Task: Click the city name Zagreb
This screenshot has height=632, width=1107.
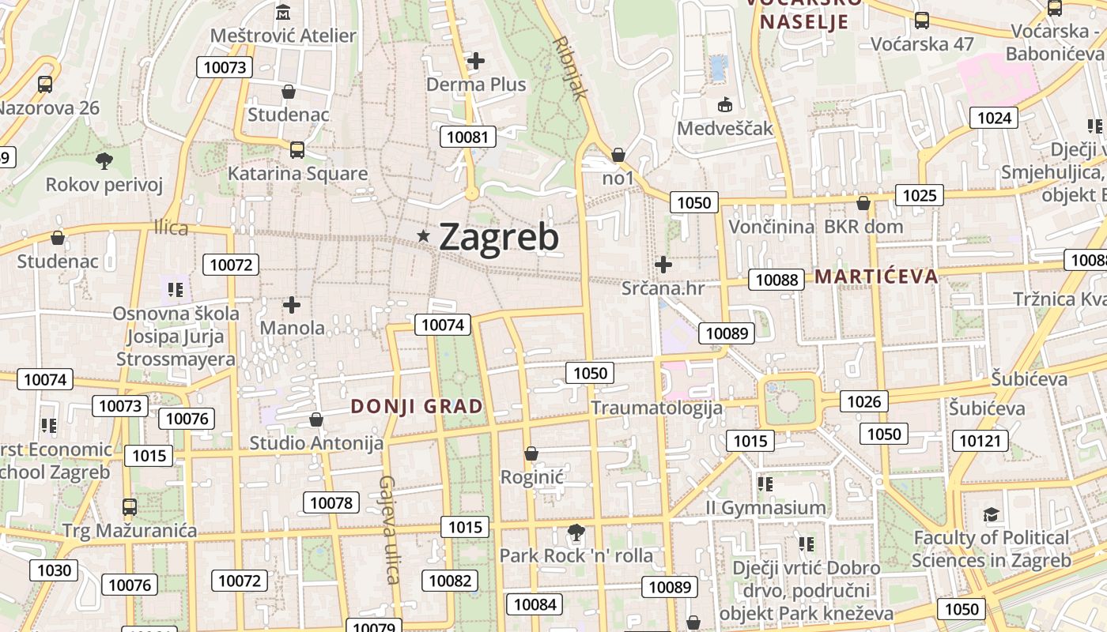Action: tap(498, 237)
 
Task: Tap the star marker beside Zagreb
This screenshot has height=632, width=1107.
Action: tap(424, 235)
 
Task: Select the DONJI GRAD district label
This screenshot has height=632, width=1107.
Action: tap(416, 407)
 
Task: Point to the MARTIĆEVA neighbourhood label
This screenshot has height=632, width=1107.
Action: tap(876, 276)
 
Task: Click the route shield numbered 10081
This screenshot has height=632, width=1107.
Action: tap(467, 137)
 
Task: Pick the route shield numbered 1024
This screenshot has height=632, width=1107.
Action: tap(994, 118)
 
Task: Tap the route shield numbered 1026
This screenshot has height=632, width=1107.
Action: tap(863, 401)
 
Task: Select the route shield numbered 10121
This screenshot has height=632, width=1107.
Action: tap(980, 440)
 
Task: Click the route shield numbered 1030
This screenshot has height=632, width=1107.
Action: tap(54, 570)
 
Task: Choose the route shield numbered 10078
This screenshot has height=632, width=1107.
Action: tap(331, 502)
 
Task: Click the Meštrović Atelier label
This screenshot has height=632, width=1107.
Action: tap(283, 36)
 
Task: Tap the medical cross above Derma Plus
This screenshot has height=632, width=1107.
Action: tap(476, 60)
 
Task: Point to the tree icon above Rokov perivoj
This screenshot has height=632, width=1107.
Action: tap(104, 161)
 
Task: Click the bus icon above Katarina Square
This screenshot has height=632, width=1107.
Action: tap(297, 150)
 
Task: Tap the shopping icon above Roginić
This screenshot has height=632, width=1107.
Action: tap(531, 453)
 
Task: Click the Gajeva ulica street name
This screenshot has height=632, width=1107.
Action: tap(388, 529)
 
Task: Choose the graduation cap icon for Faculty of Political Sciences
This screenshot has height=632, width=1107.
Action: tap(991, 515)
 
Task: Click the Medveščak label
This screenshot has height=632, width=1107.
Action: tap(724, 128)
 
